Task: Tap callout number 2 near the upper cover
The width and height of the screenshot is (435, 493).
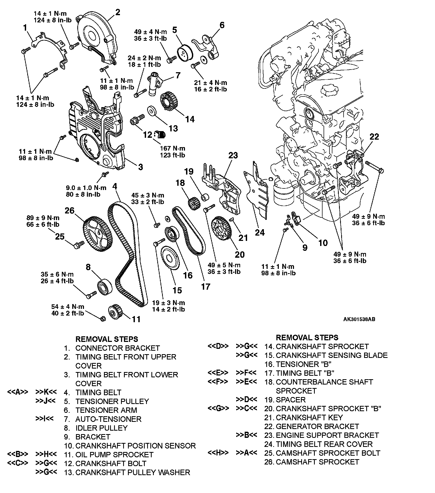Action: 118,13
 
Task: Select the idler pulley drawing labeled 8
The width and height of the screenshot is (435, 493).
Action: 105,286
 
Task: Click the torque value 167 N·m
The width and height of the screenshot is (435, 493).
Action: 172,148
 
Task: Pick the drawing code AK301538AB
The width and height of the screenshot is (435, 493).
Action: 359,319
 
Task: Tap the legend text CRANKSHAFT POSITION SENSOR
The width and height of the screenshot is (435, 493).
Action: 135,446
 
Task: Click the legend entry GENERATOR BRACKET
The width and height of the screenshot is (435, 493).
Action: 317,426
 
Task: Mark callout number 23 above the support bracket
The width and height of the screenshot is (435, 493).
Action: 233,155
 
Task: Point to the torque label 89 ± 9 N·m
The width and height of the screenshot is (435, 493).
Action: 43,218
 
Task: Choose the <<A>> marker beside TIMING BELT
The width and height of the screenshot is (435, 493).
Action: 18,392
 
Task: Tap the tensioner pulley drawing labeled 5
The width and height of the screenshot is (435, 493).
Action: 184,54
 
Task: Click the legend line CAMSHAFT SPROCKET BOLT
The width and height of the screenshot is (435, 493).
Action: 328,453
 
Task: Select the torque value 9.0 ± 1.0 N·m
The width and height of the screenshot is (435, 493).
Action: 86,188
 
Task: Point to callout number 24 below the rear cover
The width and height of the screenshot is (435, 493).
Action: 260,232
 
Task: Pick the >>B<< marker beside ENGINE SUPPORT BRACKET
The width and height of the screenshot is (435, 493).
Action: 247,435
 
